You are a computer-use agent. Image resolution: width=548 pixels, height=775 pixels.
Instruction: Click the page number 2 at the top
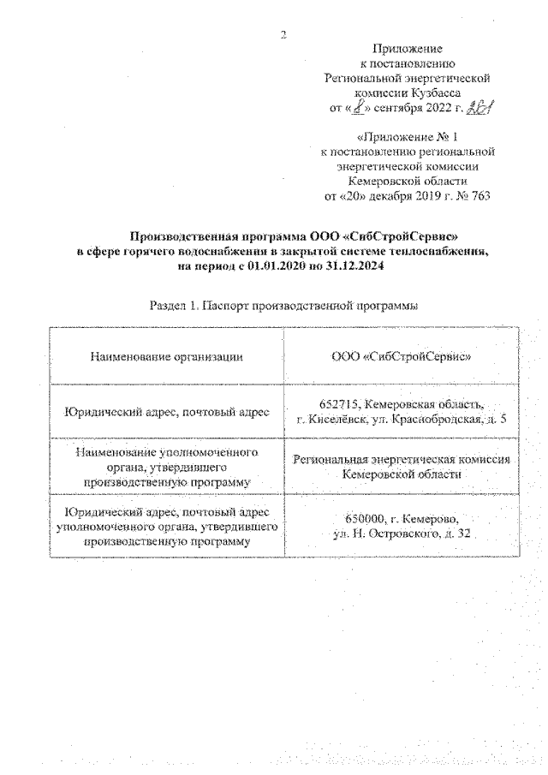pos(283,34)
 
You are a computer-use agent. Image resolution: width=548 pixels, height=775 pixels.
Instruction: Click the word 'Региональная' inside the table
pos(331,460)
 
